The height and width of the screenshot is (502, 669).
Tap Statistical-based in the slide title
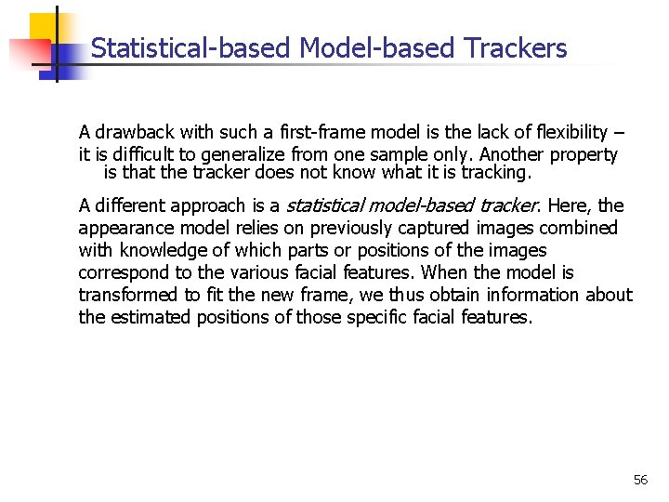(x=191, y=48)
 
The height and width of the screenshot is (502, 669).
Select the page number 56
(x=640, y=480)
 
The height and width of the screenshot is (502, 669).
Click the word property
(x=584, y=154)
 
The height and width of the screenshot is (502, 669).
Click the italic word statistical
(x=325, y=205)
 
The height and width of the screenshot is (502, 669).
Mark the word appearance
(x=123, y=228)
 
